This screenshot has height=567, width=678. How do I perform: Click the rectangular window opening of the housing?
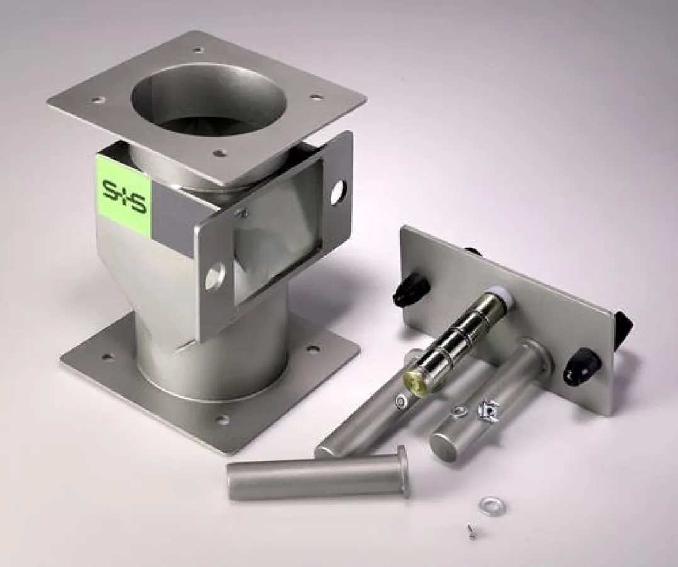click(277, 231)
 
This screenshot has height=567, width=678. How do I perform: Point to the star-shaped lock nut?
click(489, 412)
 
